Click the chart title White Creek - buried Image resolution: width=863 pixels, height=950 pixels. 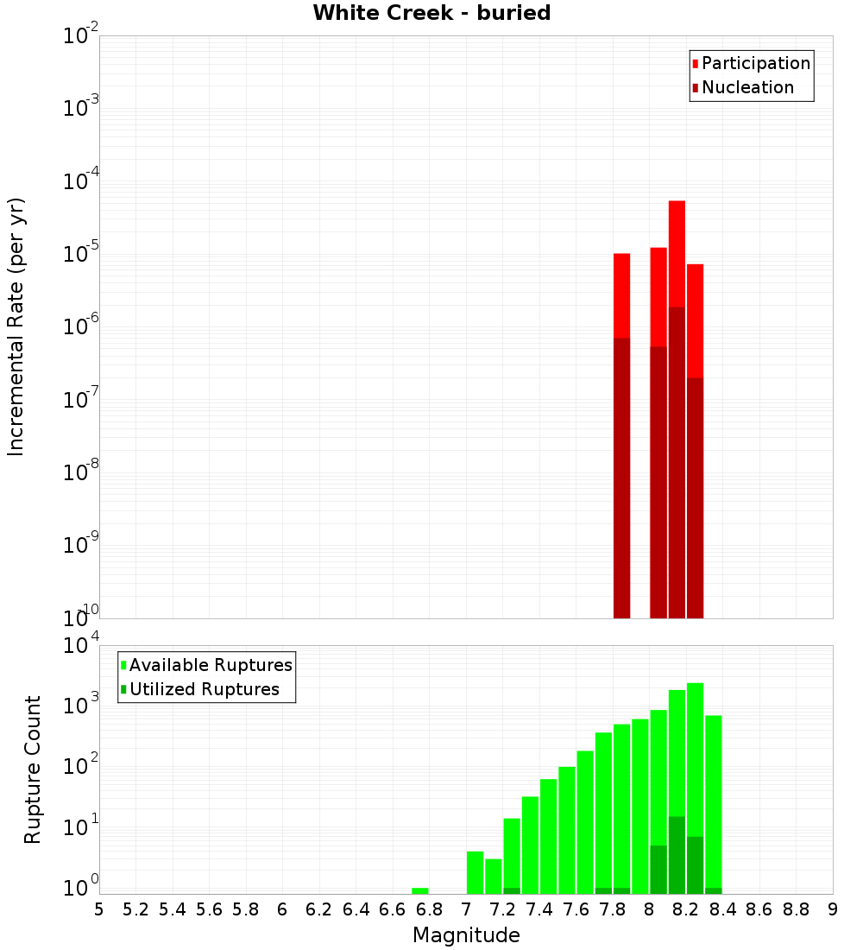click(431, 13)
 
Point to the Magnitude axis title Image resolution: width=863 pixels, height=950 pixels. click(466, 935)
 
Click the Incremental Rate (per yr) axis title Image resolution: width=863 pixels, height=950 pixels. click(16, 326)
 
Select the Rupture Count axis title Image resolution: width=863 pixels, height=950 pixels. click(33, 769)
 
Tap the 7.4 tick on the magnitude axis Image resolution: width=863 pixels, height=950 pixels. click(539, 909)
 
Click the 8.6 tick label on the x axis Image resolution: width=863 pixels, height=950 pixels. click(759, 909)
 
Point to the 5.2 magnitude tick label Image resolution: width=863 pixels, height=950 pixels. click(135, 909)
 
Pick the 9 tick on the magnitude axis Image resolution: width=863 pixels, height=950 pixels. click(833, 909)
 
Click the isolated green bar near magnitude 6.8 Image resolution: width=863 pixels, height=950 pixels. click(420, 890)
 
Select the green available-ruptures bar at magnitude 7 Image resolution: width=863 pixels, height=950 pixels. click(475, 872)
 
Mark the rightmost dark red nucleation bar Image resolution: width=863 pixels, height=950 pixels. click(696, 497)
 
